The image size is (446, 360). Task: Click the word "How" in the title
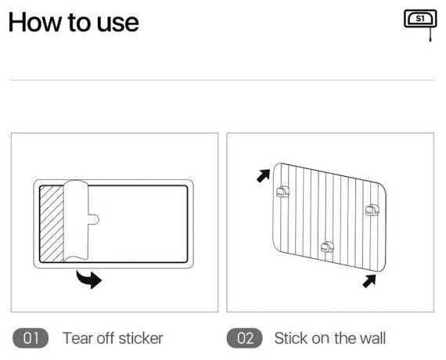click(x=34, y=22)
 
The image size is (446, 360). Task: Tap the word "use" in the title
click(x=118, y=24)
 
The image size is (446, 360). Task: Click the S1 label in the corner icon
click(x=420, y=19)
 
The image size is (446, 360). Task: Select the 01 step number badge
click(x=31, y=338)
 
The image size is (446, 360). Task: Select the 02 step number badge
click(x=245, y=338)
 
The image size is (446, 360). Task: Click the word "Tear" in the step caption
click(x=77, y=338)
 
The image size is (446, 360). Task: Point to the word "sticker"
click(x=141, y=338)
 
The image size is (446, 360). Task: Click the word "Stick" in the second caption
click(x=291, y=338)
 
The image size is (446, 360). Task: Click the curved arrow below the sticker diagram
click(x=88, y=279)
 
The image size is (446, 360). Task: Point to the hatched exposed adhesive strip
click(x=52, y=224)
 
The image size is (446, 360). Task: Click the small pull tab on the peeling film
click(x=94, y=219)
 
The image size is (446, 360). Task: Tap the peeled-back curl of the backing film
click(x=76, y=221)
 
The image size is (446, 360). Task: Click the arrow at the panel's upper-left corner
click(x=264, y=175)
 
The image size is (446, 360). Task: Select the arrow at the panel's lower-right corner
click(x=369, y=281)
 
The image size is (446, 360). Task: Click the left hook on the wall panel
click(x=282, y=192)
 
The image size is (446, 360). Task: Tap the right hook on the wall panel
click(x=372, y=210)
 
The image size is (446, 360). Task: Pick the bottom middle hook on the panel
click(x=327, y=247)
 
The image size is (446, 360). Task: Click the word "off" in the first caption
click(x=106, y=338)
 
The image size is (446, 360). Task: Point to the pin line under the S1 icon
click(x=430, y=34)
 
